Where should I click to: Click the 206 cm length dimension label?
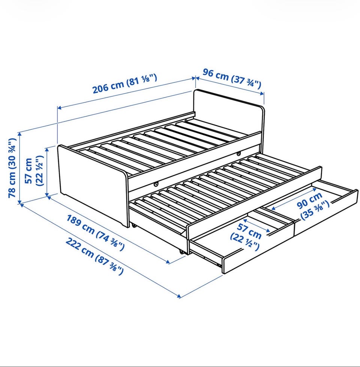[125, 84]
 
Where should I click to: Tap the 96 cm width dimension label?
[232, 78]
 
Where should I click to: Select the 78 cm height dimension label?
[12, 168]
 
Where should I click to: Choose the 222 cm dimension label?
[94, 256]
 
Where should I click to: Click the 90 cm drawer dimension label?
[310, 201]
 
